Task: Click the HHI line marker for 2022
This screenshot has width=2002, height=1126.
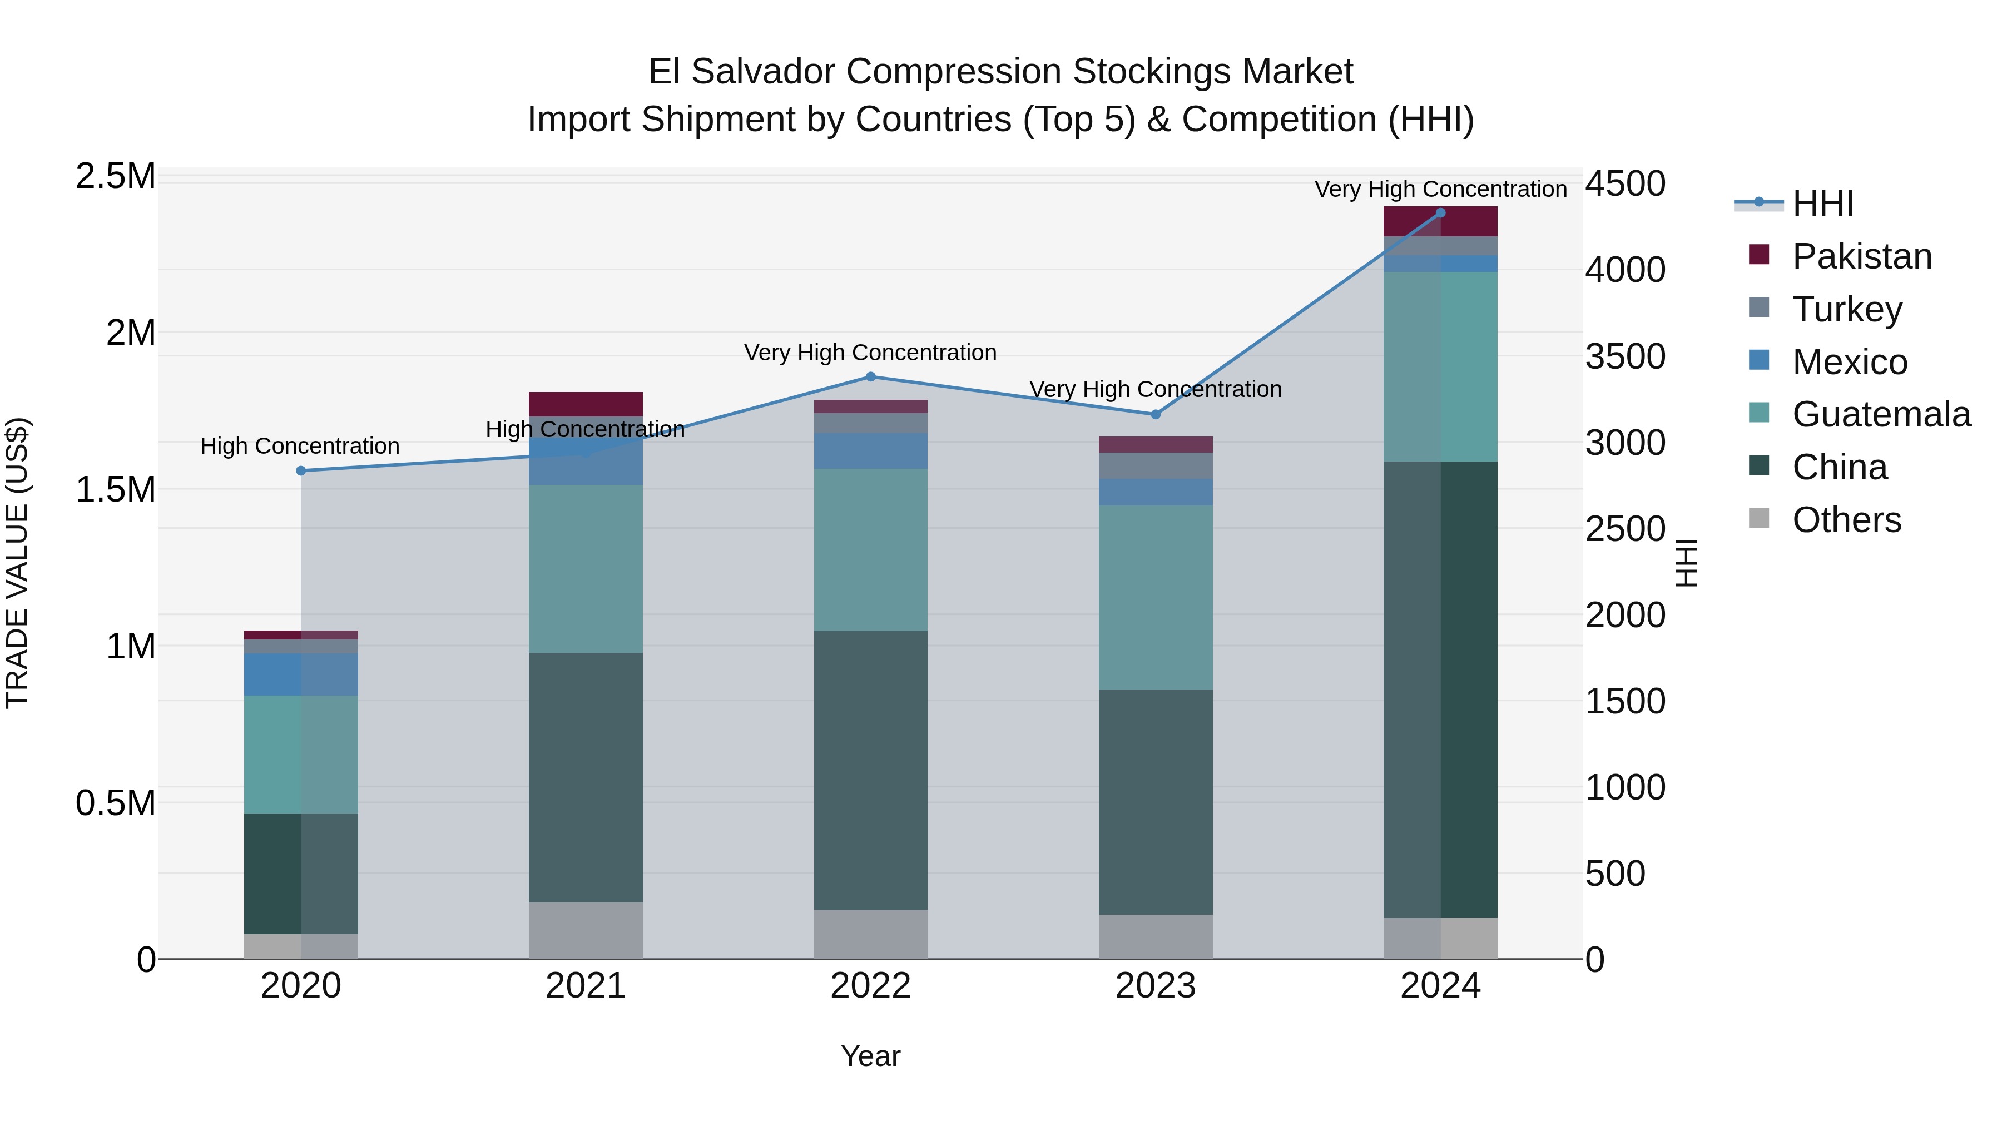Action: click(870, 377)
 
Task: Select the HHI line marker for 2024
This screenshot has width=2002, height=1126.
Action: click(1440, 213)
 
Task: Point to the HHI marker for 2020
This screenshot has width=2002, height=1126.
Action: click(301, 471)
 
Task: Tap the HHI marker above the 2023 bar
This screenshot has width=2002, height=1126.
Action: click(1155, 415)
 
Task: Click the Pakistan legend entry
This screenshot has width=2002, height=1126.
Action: click(1861, 256)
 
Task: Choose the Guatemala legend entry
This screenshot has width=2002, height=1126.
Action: click(1881, 414)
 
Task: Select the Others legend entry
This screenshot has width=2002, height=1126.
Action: click(1846, 520)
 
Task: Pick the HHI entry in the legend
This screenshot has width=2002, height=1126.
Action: click(1822, 204)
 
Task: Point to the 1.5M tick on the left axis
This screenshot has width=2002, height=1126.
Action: click(115, 489)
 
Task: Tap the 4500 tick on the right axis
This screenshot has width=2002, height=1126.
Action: click(1625, 184)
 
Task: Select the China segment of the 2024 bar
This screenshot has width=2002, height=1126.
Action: click(1440, 690)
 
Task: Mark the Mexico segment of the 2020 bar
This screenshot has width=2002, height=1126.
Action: click(301, 674)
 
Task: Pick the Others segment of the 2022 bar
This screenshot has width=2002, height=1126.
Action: click(870, 934)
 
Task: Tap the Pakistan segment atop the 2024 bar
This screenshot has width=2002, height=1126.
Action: click(1440, 221)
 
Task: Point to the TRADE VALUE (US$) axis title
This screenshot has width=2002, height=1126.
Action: click(17, 563)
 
